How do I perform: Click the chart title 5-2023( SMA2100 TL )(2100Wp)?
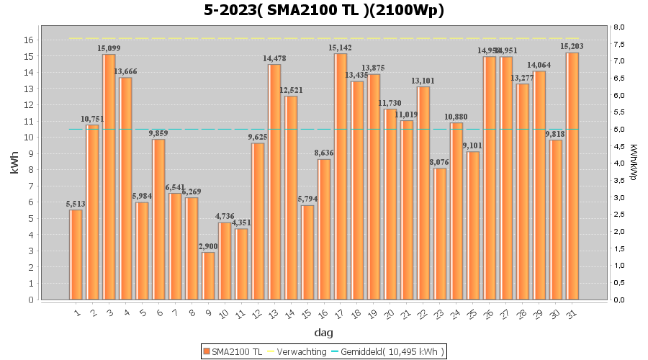pos(323,10)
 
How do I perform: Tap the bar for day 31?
pos(572,176)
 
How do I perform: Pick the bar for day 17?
pos(341,176)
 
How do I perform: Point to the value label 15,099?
pos(109,48)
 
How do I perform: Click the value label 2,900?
pos(208,246)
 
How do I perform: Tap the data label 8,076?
pos(440,162)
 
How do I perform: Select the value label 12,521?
pos(291,90)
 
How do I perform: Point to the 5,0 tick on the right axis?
pos(618,130)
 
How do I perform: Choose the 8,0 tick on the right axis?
pos(618,27)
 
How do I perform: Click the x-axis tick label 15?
pos(307,312)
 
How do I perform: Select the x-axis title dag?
pos(323,333)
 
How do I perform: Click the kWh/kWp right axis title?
pos(633,163)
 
